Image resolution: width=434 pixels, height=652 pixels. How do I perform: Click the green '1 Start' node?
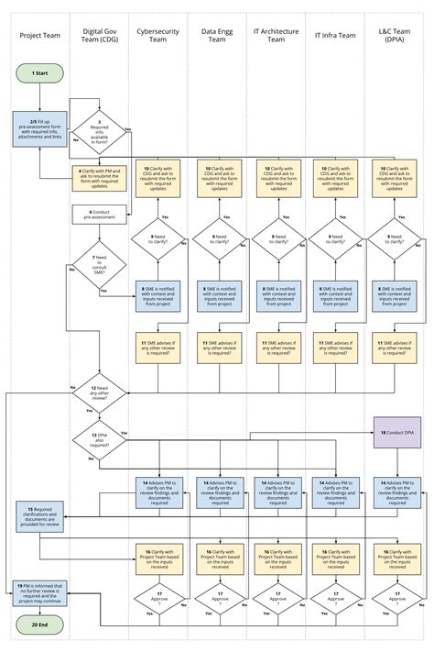pyautogui.click(x=39, y=72)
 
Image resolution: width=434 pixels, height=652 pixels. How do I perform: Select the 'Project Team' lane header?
pyautogui.click(x=39, y=36)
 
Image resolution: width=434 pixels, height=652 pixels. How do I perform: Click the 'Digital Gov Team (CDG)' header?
pyautogui.click(x=99, y=36)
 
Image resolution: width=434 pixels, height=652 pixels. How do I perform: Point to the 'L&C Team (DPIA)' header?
pyautogui.click(x=396, y=36)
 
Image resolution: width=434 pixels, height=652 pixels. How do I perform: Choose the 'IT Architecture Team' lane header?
pyautogui.click(x=277, y=36)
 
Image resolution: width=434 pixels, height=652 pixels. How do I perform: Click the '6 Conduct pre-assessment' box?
pyautogui.click(x=99, y=214)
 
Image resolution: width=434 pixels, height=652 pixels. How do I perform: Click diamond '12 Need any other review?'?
pyautogui.click(x=99, y=392)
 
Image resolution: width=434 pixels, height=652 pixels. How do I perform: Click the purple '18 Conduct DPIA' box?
pyautogui.click(x=396, y=431)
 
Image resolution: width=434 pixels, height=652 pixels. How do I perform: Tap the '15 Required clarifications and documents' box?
pyautogui.click(x=39, y=517)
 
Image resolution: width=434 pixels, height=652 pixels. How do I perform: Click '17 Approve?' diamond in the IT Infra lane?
pyautogui.click(x=336, y=600)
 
